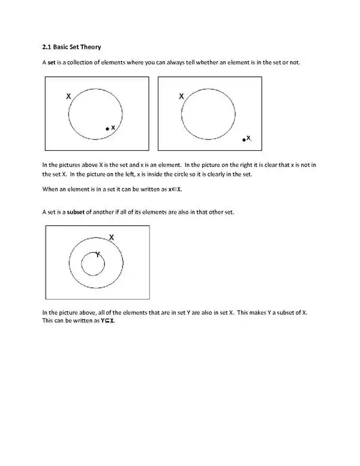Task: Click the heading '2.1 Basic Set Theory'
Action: point(76,47)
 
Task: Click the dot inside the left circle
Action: point(107,129)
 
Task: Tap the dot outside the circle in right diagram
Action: point(244,139)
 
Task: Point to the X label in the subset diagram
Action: point(112,237)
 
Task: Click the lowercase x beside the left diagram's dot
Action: point(113,127)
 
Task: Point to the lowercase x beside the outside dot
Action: point(249,138)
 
